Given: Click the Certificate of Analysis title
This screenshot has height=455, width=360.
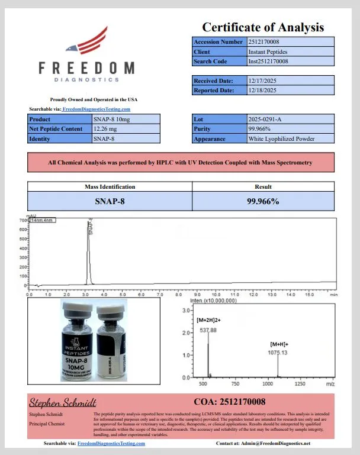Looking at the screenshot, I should pos(263,27).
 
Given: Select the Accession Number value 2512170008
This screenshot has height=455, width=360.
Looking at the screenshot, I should pos(268,42).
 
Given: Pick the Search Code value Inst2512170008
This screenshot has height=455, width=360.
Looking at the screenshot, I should pos(268,61).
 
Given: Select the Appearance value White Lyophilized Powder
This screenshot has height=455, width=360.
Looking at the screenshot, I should pos(281,139).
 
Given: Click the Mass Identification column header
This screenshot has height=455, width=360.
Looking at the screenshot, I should pos(110,187).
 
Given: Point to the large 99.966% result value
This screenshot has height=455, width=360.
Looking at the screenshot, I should pos(263,201).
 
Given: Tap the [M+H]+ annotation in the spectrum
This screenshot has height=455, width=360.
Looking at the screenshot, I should pos(279,344).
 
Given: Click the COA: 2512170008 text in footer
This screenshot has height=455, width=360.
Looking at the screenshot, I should pos(230,402).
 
